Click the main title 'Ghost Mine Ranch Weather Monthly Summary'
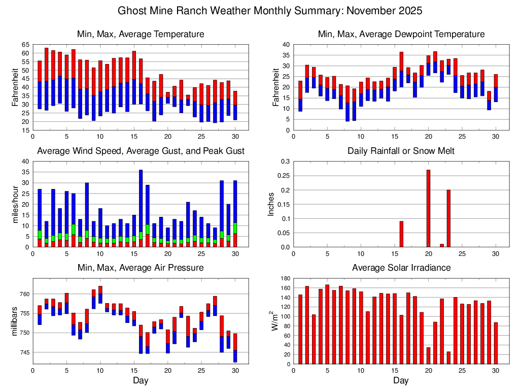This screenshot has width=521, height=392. click(x=270, y=11)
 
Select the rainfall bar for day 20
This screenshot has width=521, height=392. click(x=428, y=208)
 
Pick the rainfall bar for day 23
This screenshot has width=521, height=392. click(x=448, y=218)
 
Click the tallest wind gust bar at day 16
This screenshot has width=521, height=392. click(x=141, y=203)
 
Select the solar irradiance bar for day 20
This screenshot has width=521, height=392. click(x=428, y=355)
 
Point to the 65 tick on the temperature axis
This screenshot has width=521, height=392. click(x=25, y=45)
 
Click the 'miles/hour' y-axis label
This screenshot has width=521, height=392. click(x=15, y=204)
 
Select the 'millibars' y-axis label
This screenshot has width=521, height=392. click(x=15, y=321)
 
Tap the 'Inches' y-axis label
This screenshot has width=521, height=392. click(x=271, y=204)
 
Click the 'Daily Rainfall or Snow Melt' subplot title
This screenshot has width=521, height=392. click(x=401, y=151)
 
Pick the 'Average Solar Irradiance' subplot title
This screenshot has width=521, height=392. click(x=401, y=268)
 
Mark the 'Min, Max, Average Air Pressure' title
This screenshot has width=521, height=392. click(x=141, y=268)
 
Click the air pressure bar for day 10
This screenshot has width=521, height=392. click(x=100, y=295)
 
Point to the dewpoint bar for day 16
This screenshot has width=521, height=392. click(x=401, y=70)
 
